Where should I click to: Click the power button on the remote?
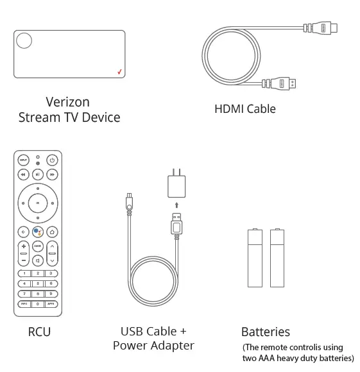click(52, 160)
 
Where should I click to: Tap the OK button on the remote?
click(38, 203)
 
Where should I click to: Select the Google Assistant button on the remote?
click(38, 232)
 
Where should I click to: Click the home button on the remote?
click(52, 232)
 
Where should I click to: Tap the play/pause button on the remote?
click(38, 174)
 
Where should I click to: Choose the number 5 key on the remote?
click(38, 283)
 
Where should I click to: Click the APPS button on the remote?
click(51, 303)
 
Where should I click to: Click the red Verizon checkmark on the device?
click(119, 71)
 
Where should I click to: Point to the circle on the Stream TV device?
click(24, 41)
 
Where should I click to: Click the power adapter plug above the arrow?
click(176, 185)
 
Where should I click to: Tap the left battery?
click(255, 258)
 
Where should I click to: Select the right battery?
click(277, 258)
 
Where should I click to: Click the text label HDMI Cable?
click(244, 109)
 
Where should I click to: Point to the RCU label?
click(39, 332)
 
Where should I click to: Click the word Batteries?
click(265, 332)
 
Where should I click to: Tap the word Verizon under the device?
click(68, 102)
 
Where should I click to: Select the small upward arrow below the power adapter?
click(176, 205)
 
